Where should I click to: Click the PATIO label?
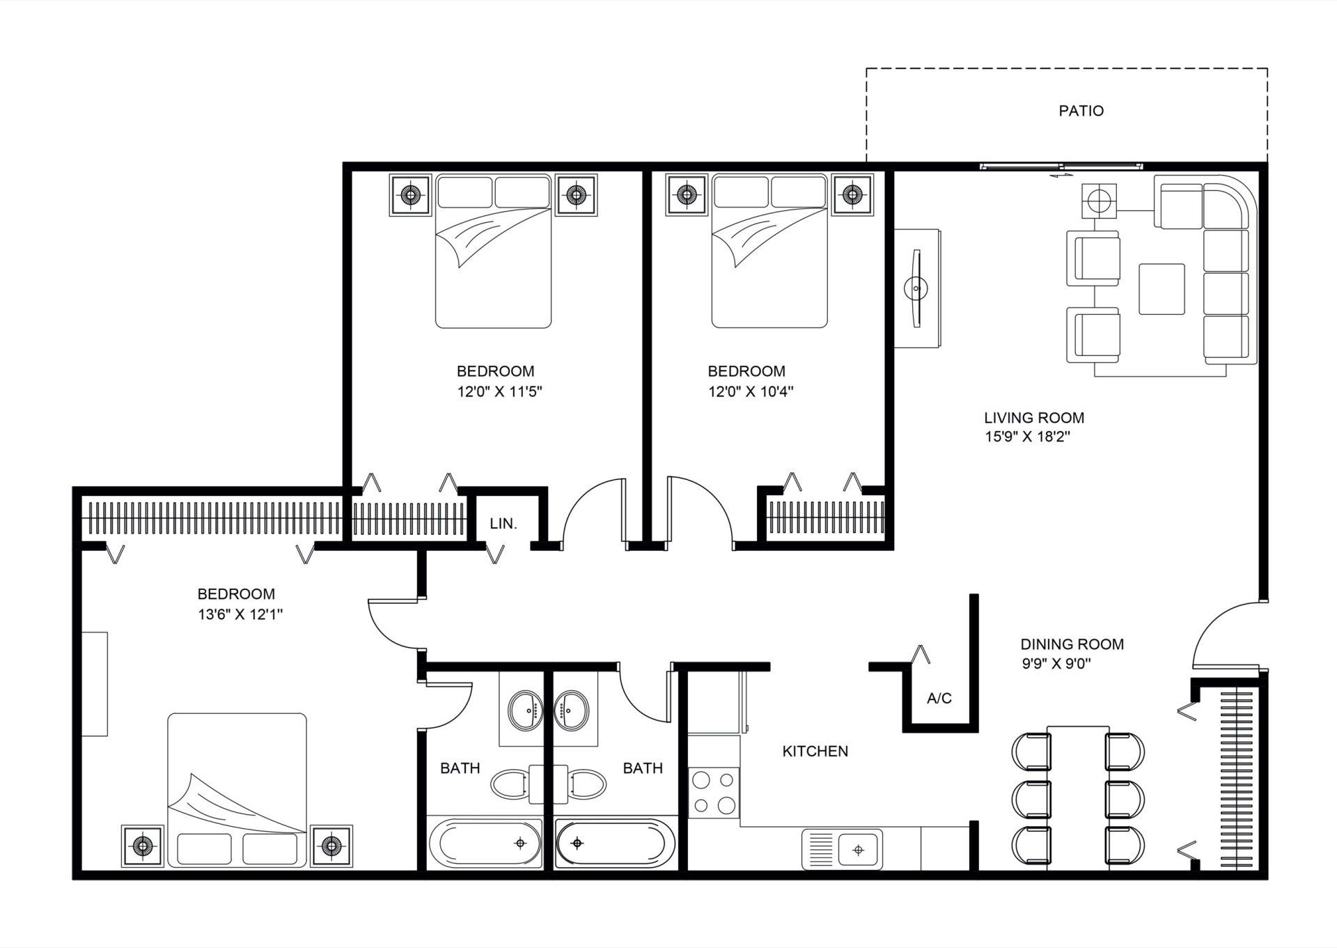[x=1081, y=111]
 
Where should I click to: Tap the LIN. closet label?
[x=503, y=524]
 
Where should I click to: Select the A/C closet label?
[x=939, y=698]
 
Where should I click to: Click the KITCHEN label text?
[x=815, y=751]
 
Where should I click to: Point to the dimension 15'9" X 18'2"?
[x=1026, y=437]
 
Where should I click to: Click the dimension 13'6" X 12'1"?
[x=240, y=614]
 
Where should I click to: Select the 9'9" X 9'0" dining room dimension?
[x=1056, y=664]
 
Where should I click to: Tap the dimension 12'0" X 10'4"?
[x=751, y=391]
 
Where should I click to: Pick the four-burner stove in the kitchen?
[x=714, y=792]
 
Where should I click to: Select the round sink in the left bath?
[x=523, y=709]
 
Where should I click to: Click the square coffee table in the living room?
[x=1162, y=288]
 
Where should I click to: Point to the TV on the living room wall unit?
[x=916, y=286]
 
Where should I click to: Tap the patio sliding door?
[x=1061, y=166]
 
